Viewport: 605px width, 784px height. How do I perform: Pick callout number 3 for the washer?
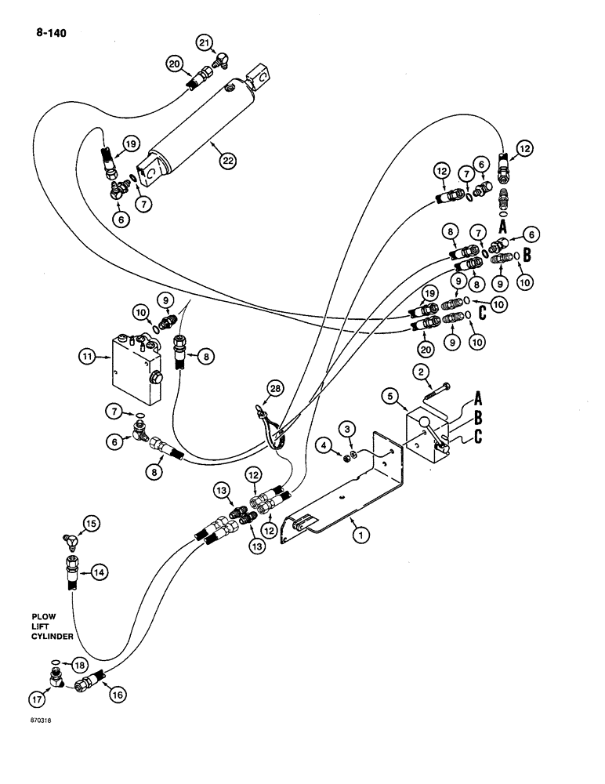pos(346,426)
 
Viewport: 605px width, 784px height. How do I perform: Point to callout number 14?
pos(98,573)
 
